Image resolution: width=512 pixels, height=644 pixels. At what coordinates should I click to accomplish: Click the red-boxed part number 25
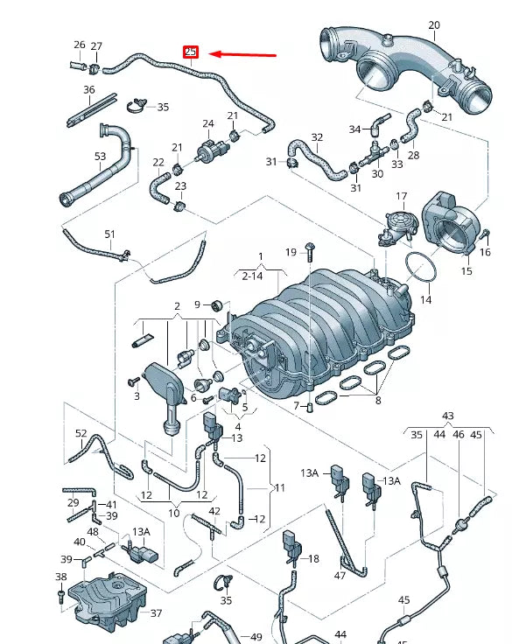click(x=191, y=52)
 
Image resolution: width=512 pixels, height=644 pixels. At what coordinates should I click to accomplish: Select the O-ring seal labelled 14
click(x=422, y=269)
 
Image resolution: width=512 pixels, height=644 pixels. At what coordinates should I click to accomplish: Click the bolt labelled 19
click(x=310, y=253)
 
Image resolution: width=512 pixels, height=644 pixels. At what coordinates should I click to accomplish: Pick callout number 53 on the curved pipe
click(x=100, y=157)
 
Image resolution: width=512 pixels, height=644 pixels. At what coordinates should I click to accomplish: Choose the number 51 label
click(x=109, y=234)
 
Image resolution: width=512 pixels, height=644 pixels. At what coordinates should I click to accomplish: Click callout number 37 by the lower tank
click(x=156, y=612)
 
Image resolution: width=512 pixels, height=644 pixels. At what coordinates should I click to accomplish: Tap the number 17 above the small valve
click(x=402, y=196)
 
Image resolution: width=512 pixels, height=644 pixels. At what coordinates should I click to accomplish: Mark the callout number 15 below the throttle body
click(x=466, y=271)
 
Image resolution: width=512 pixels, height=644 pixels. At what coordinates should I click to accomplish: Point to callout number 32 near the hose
click(x=317, y=137)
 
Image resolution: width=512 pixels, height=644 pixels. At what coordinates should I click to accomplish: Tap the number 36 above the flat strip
click(x=89, y=89)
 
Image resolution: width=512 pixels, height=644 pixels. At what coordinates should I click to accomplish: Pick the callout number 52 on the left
click(x=81, y=434)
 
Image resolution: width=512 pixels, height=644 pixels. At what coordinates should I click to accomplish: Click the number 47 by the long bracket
click(x=340, y=577)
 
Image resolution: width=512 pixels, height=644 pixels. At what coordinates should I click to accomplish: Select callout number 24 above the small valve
click(x=208, y=123)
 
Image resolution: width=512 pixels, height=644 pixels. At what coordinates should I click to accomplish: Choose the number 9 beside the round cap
click(x=198, y=304)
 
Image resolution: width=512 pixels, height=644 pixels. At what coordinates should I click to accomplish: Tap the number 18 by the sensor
click(x=313, y=557)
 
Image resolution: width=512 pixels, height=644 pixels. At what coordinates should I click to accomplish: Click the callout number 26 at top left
click(x=80, y=45)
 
